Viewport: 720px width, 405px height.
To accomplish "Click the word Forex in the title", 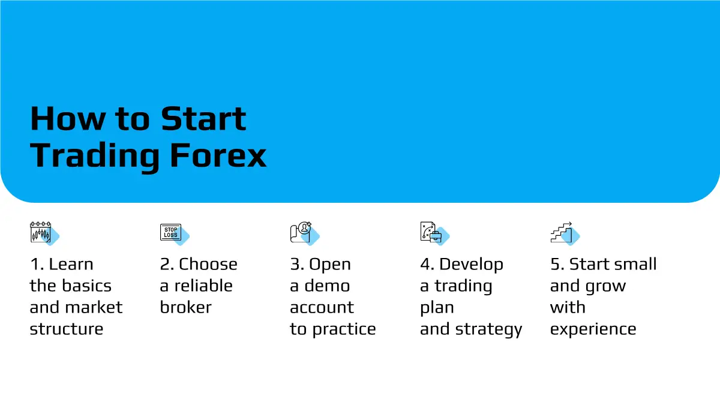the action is tap(218, 155).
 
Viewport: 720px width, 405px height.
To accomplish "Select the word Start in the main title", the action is tap(203, 119).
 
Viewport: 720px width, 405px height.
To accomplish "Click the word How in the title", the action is tap(67, 119).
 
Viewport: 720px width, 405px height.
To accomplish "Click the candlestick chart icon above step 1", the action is tap(44, 233).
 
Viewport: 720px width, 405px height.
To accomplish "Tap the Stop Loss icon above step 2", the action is tap(175, 234).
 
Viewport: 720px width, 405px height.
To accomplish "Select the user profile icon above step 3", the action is tap(304, 233).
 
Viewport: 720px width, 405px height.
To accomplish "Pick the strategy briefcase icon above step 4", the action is tap(434, 233).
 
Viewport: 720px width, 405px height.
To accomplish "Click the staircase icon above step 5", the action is tap(565, 233).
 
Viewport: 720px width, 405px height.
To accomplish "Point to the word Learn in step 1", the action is tap(71, 264).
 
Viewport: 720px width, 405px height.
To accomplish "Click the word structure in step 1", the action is tap(67, 329).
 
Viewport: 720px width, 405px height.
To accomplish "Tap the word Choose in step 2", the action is tap(208, 264).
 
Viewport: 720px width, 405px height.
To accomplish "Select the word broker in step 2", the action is tap(186, 307).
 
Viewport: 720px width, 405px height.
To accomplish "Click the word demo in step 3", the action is tap(327, 286).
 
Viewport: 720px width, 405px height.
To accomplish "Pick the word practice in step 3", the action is tap(344, 330).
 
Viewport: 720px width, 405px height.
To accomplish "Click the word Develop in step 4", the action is tap(471, 265).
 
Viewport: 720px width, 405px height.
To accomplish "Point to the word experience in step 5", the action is tap(593, 330).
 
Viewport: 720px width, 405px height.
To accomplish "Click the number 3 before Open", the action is tap(295, 264).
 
